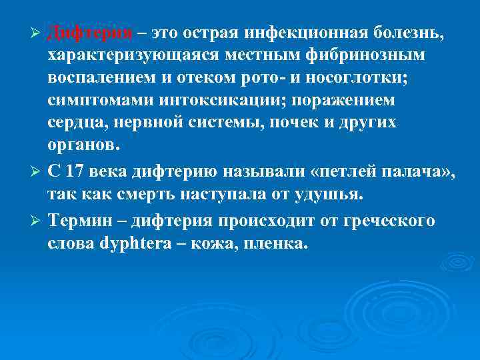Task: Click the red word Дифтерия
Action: [89, 33]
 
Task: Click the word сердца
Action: [77, 124]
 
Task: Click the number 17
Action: [75, 172]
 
